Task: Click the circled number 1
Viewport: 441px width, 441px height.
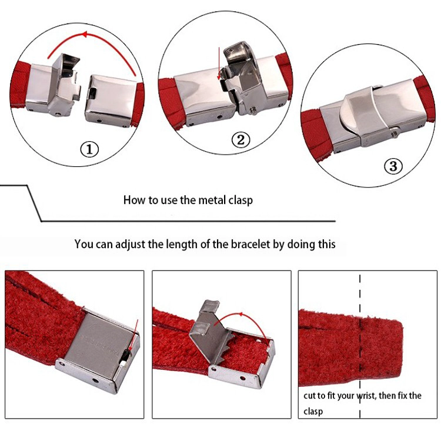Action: (x=89, y=149)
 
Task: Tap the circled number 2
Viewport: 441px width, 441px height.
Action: (x=240, y=139)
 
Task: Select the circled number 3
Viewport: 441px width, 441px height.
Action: (x=393, y=166)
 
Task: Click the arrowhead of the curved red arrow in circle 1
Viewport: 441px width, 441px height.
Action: (x=84, y=35)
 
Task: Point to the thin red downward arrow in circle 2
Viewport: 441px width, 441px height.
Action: (x=219, y=64)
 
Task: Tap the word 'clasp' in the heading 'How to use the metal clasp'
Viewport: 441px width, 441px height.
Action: (x=240, y=201)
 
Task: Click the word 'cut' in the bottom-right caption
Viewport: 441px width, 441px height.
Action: (x=310, y=396)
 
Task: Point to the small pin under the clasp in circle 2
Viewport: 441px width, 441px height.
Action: (x=253, y=111)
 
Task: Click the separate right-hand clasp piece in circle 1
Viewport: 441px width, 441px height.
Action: (x=111, y=101)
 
